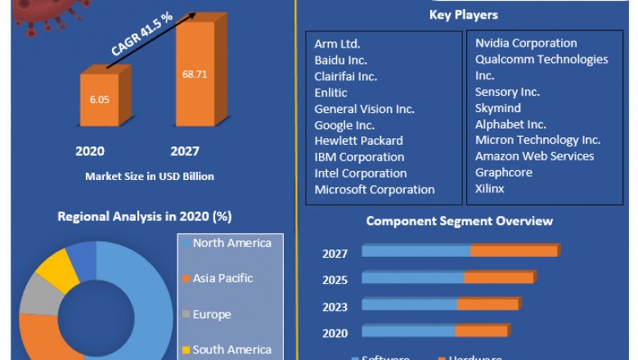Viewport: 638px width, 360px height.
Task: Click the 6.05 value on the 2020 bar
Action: pos(98,97)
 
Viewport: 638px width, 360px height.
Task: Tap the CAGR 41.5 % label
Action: pos(142,40)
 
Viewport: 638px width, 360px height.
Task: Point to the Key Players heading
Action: pos(463,15)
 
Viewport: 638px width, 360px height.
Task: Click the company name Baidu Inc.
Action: pos(340,60)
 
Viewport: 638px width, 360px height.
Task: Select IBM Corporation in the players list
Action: pos(359,156)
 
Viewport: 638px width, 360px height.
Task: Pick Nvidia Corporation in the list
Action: pos(526,43)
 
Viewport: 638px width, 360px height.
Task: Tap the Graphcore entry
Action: pos(503,173)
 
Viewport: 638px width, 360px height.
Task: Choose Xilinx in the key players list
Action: pos(490,188)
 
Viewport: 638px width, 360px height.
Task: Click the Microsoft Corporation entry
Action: pos(375,189)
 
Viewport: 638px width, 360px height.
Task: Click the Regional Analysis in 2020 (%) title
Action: pos(145,217)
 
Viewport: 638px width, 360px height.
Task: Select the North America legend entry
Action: pos(231,242)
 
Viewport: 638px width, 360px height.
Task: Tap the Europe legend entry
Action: pos(211,314)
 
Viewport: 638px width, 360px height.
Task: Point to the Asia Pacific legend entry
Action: pos(222,278)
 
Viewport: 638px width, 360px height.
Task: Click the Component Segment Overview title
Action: pos(459,221)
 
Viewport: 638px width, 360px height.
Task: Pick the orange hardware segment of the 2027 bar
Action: pos(514,251)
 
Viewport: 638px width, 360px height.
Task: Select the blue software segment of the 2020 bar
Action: pos(408,331)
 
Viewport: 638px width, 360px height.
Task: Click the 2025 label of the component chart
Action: pos(335,280)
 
